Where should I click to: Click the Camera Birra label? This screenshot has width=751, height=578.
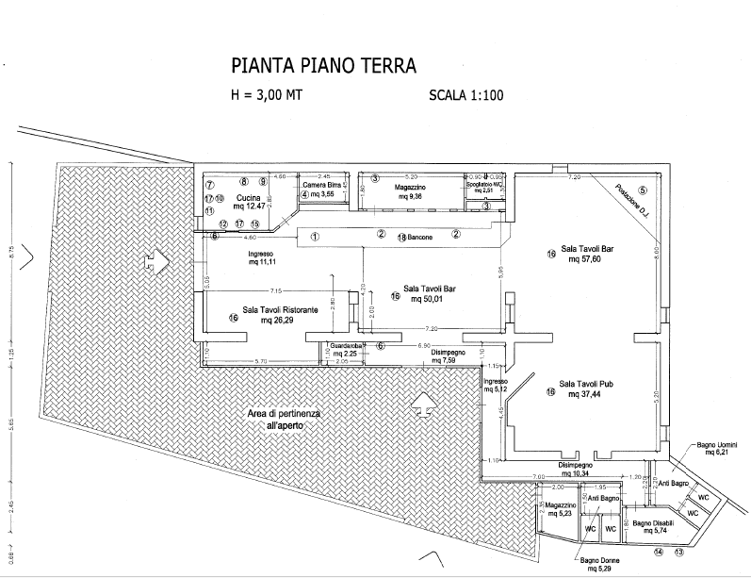[321, 185]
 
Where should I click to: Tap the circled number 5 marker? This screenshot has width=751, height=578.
[643, 190]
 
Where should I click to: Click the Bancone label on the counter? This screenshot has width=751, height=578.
[419, 238]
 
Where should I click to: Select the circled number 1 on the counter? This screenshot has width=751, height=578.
[315, 236]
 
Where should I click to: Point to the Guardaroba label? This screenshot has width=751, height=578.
[349, 346]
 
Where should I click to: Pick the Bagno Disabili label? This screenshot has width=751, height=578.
[651, 522]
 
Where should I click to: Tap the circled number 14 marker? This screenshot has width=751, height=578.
[659, 552]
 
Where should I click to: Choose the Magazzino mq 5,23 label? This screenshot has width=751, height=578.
[561, 505]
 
